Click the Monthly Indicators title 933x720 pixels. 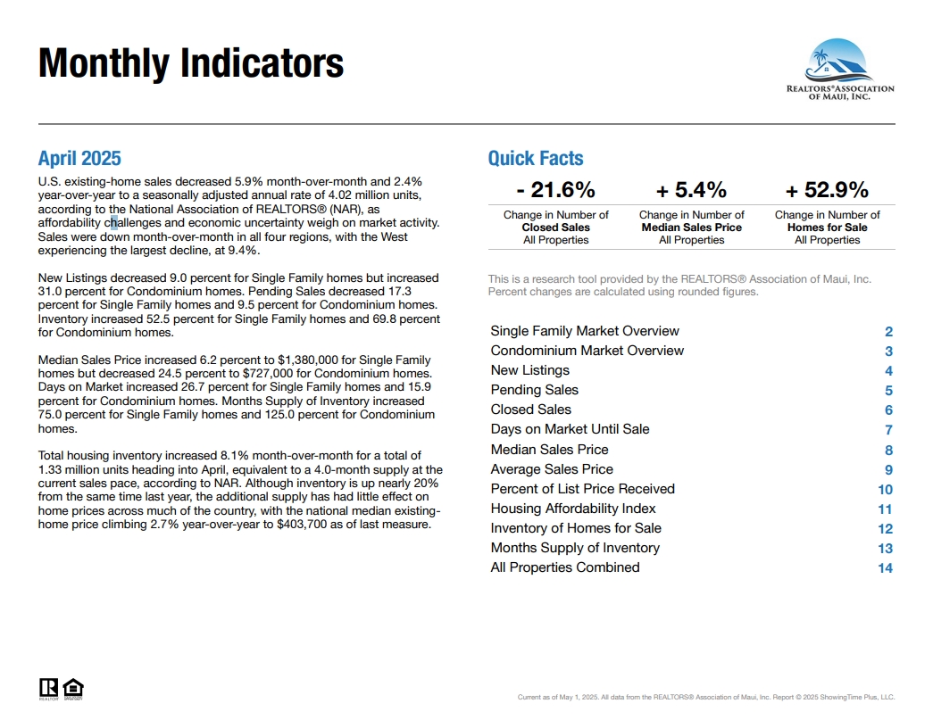point(191,63)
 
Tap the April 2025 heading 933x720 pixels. point(79,158)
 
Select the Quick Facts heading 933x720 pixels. point(536,158)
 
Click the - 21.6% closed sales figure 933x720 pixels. point(555,190)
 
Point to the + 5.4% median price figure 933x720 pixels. point(691,190)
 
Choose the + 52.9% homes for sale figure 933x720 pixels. point(827,190)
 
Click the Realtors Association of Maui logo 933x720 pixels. point(840,70)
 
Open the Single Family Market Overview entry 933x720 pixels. point(585,331)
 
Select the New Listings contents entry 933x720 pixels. point(530,370)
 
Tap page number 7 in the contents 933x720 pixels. point(888,430)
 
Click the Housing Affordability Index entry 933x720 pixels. point(573,509)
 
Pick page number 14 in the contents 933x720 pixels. point(886,568)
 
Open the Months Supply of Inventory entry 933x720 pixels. point(575,548)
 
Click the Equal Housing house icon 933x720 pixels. point(73,689)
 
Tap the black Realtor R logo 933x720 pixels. point(49,689)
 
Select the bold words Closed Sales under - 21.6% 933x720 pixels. point(555,228)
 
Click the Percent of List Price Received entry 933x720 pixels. point(582,489)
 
